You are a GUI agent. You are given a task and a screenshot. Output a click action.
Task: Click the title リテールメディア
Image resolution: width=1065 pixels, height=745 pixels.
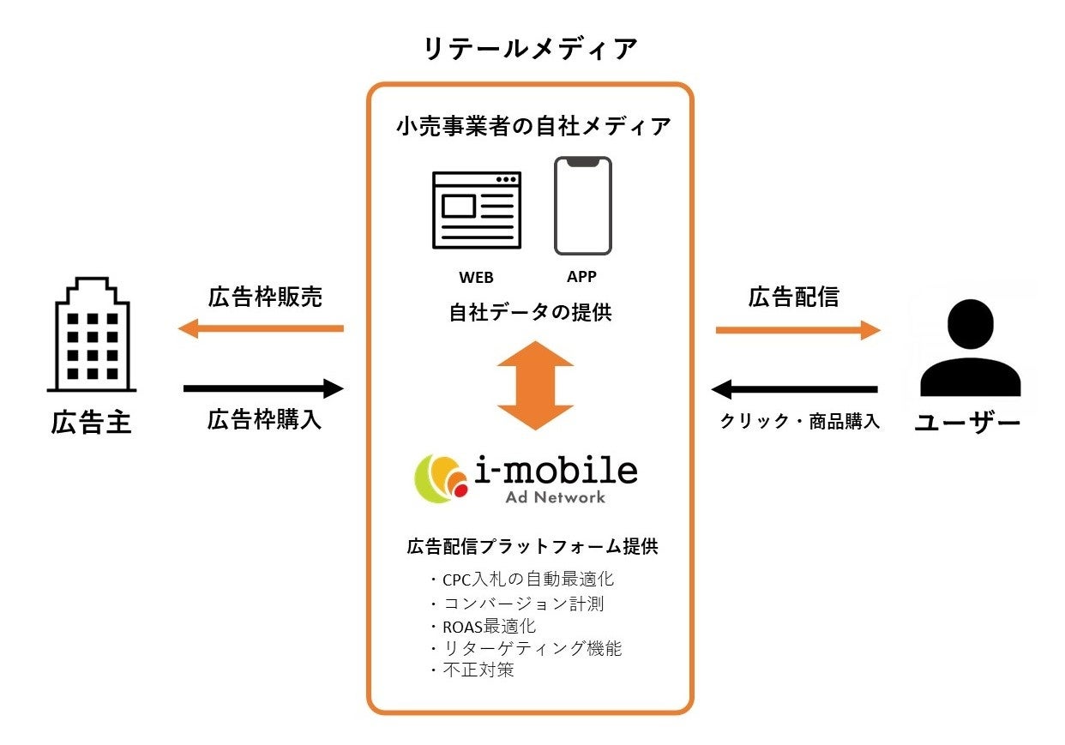coord(532,49)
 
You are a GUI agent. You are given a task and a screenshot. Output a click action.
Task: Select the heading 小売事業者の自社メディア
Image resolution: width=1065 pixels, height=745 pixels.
coord(532,127)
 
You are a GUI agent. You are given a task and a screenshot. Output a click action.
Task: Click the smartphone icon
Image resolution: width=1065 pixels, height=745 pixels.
coord(583,206)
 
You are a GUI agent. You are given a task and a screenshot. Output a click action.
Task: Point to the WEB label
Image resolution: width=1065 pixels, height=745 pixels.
coord(475,278)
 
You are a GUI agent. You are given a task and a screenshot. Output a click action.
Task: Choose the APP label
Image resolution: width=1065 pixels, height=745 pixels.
coord(581,277)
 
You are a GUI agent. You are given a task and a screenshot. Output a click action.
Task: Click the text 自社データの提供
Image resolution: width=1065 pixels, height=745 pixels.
coord(530,313)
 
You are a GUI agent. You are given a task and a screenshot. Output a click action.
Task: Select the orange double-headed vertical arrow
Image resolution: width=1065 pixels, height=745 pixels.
coord(534,385)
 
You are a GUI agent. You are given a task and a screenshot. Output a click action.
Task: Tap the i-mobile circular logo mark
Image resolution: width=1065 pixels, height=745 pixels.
coord(442,478)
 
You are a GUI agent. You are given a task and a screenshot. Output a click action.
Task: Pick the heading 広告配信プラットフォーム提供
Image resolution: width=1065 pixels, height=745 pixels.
coord(532,546)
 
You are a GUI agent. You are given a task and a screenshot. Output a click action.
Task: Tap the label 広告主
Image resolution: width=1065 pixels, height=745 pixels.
coord(91,424)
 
